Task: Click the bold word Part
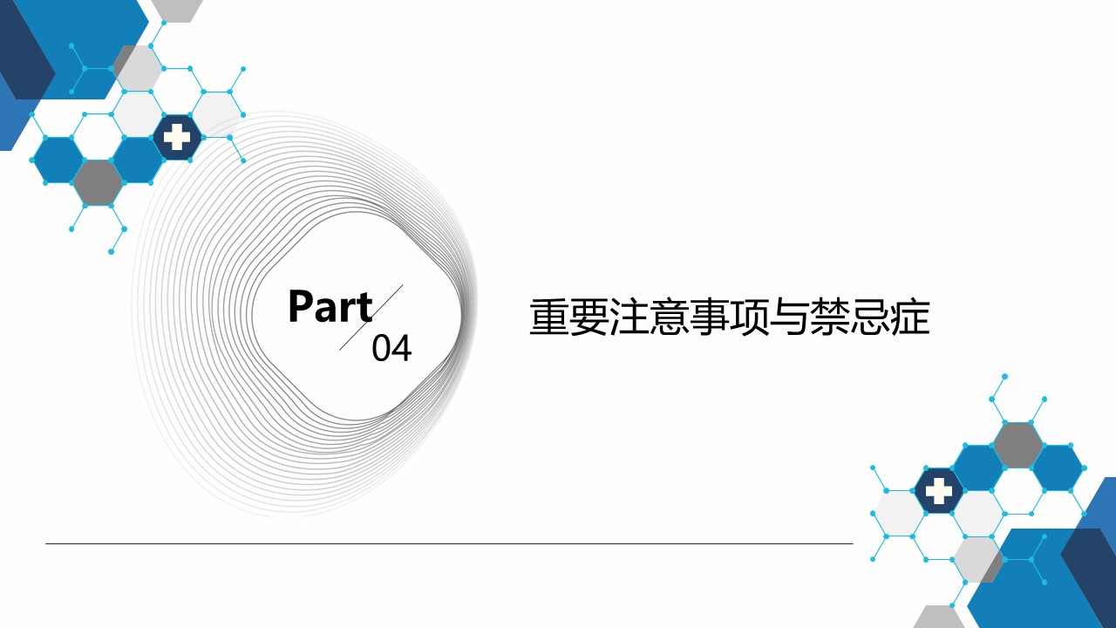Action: coord(330,306)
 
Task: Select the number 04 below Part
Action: coord(391,348)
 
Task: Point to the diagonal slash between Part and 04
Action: coord(371,317)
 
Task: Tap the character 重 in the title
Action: coord(549,317)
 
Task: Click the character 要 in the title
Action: coord(589,317)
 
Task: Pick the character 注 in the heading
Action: coord(629,317)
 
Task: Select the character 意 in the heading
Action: coord(669,317)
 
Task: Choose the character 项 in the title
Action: coord(749,317)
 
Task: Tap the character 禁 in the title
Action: coord(829,317)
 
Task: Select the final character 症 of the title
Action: coord(909,317)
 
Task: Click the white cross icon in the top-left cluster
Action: coord(177,137)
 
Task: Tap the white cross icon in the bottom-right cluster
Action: coord(939,491)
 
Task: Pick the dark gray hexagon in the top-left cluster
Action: coord(99,183)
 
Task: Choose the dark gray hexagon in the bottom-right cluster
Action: coord(1017,446)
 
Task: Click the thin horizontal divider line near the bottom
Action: coord(449,543)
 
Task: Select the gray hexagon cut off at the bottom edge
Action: coord(939,617)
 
